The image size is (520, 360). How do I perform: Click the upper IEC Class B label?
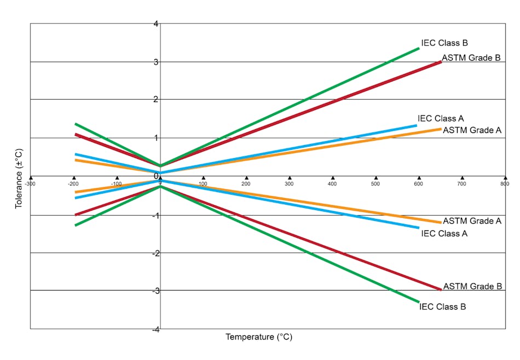click(444, 43)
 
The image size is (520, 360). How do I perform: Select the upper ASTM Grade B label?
click(471, 57)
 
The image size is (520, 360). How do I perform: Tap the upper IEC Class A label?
click(441, 118)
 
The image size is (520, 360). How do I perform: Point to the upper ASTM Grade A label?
click(472, 130)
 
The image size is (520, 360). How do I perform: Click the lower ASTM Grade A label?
click(472, 221)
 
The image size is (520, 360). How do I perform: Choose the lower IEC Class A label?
click(444, 234)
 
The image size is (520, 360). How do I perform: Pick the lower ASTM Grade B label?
click(472, 286)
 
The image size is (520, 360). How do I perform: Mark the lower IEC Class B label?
click(442, 306)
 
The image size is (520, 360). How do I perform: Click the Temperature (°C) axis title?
click(259, 337)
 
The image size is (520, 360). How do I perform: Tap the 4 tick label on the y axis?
click(156, 24)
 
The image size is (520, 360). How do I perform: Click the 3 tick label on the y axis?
click(156, 62)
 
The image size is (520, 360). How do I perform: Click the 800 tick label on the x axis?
click(504, 184)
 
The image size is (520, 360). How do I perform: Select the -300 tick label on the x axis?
click(31, 184)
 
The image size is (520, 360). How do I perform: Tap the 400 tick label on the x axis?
click(333, 184)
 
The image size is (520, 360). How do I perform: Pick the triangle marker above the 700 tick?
click(462, 178)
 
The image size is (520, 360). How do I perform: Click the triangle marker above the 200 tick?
click(246, 178)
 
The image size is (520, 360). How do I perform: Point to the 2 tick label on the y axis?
click(156, 100)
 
